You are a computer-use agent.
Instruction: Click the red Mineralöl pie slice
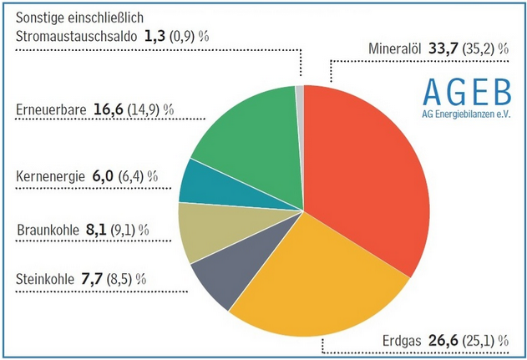(367, 175)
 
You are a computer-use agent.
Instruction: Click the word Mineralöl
(397, 49)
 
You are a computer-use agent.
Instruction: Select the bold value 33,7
(445, 49)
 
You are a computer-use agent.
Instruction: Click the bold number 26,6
(445, 340)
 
